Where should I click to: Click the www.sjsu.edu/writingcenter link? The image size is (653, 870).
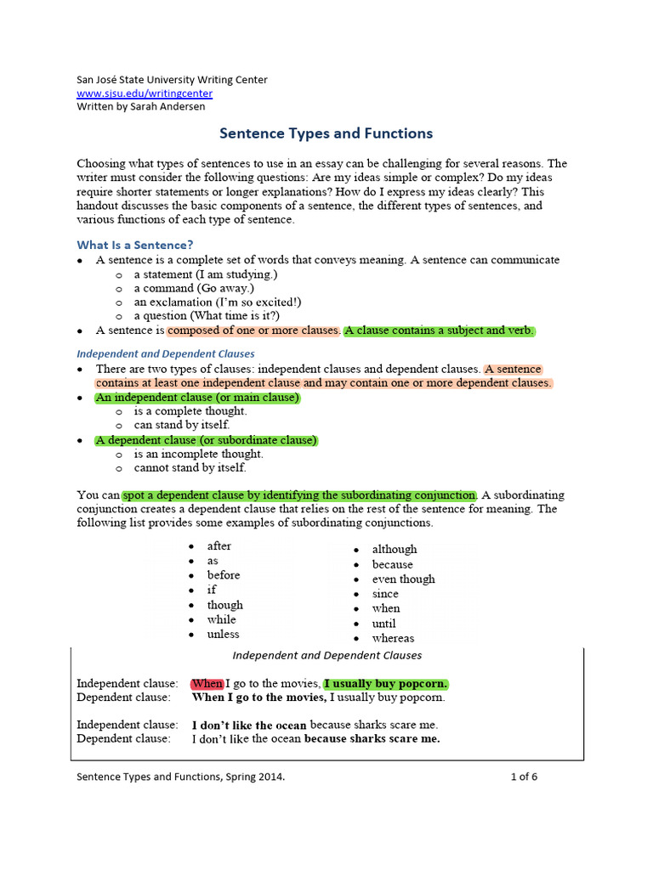(145, 93)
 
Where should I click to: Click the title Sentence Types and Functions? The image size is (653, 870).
(326, 133)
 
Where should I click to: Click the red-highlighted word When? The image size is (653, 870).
(207, 684)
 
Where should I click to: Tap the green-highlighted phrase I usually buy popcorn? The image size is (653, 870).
(386, 684)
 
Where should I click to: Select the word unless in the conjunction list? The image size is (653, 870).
(223, 634)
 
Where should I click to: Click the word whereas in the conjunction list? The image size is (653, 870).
(393, 638)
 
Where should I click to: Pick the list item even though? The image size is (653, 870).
(403, 579)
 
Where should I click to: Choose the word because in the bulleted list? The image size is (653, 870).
(392, 564)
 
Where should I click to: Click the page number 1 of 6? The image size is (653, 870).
(524, 776)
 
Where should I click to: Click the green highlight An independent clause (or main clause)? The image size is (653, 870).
(197, 398)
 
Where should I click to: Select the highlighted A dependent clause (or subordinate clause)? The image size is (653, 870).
(206, 440)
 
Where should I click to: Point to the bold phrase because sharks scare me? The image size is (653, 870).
(372, 738)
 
